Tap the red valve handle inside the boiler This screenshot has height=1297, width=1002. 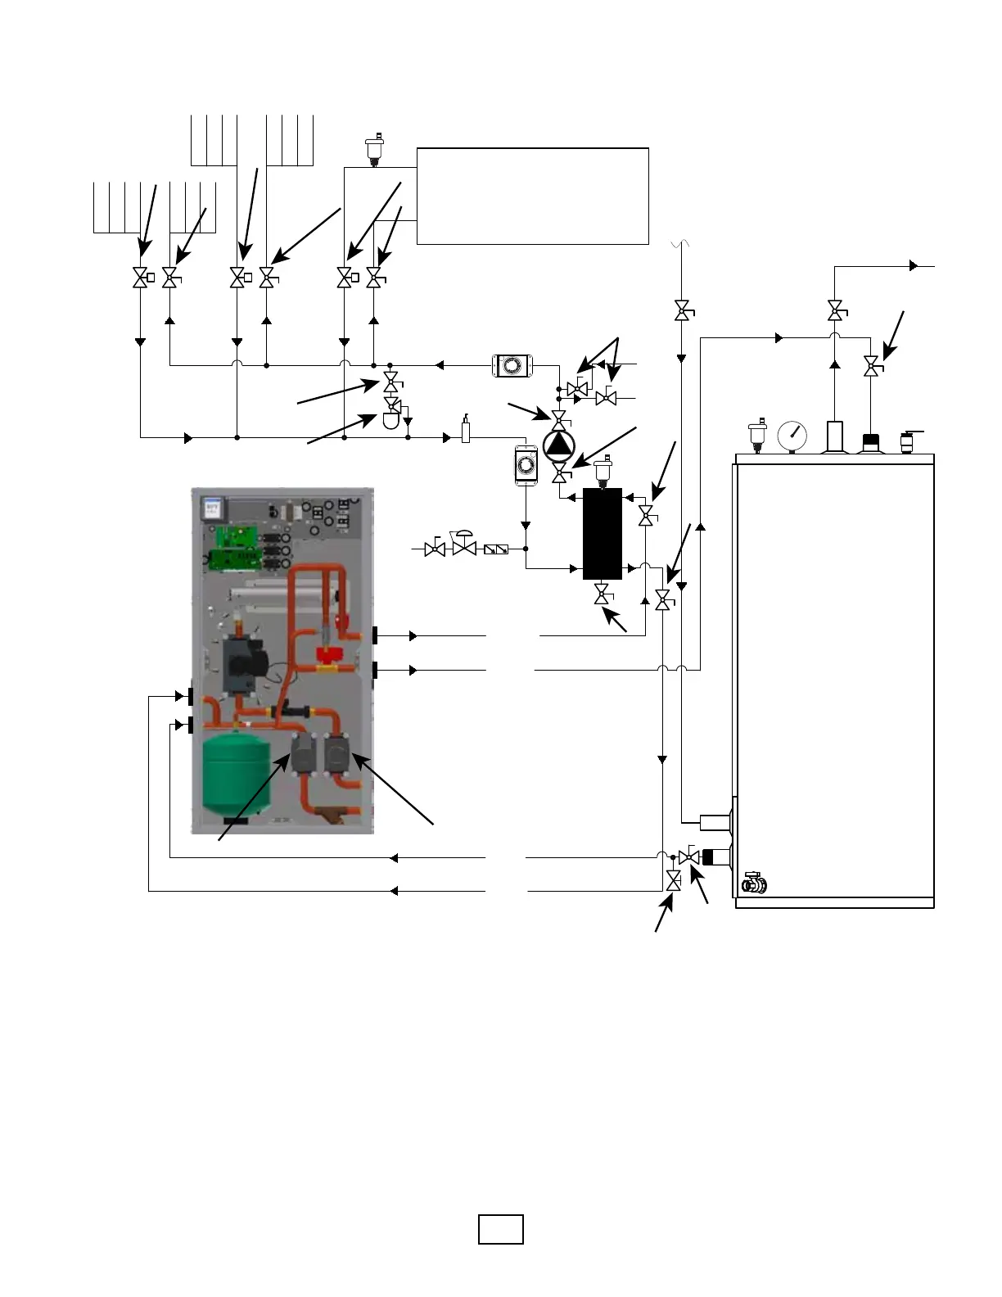point(327,653)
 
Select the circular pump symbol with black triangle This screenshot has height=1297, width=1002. point(559,444)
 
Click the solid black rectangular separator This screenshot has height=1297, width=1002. point(603,533)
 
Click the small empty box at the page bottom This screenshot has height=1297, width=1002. point(500,1230)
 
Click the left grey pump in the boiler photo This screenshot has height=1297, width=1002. point(304,753)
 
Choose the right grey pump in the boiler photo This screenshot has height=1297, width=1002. point(337,753)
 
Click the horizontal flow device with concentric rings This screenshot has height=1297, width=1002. point(513,365)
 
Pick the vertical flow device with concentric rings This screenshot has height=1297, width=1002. point(526,465)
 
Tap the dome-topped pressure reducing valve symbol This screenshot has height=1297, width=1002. point(464,545)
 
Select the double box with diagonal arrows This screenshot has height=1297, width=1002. point(496,549)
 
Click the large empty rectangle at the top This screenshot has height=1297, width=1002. point(532,196)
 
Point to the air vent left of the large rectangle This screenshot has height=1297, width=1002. point(375,150)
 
